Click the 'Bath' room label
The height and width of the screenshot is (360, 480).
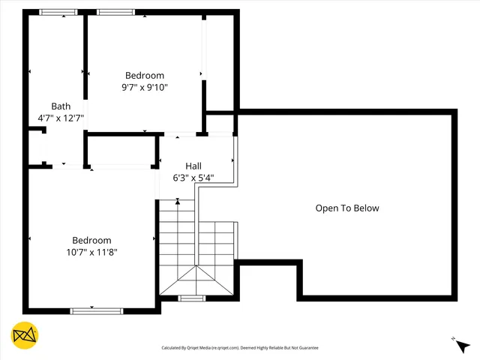click(61, 106)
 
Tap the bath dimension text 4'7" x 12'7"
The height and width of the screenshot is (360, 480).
click(61, 118)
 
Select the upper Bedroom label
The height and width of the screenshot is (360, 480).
click(145, 75)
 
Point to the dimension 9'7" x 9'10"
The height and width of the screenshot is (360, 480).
click(145, 87)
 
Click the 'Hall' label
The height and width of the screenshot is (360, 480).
click(193, 166)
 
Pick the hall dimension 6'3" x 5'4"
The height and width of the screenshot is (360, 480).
click(193, 178)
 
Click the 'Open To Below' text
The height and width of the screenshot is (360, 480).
click(347, 208)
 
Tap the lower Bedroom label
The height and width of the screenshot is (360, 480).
click(91, 240)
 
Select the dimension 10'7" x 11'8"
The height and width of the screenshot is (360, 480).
click(91, 252)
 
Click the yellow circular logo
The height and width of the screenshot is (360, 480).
click(25, 335)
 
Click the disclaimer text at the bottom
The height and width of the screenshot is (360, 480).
click(240, 348)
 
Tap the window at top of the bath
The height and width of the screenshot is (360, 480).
click(58, 12)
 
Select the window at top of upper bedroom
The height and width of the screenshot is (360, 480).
click(115, 12)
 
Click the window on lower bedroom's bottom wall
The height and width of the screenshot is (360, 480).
click(96, 310)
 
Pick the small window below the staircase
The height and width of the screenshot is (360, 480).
click(192, 298)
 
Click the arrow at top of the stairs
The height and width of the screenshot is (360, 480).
click(178, 201)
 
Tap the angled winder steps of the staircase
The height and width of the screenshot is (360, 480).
click(196, 280)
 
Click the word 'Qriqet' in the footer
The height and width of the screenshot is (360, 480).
click(199, 348)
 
